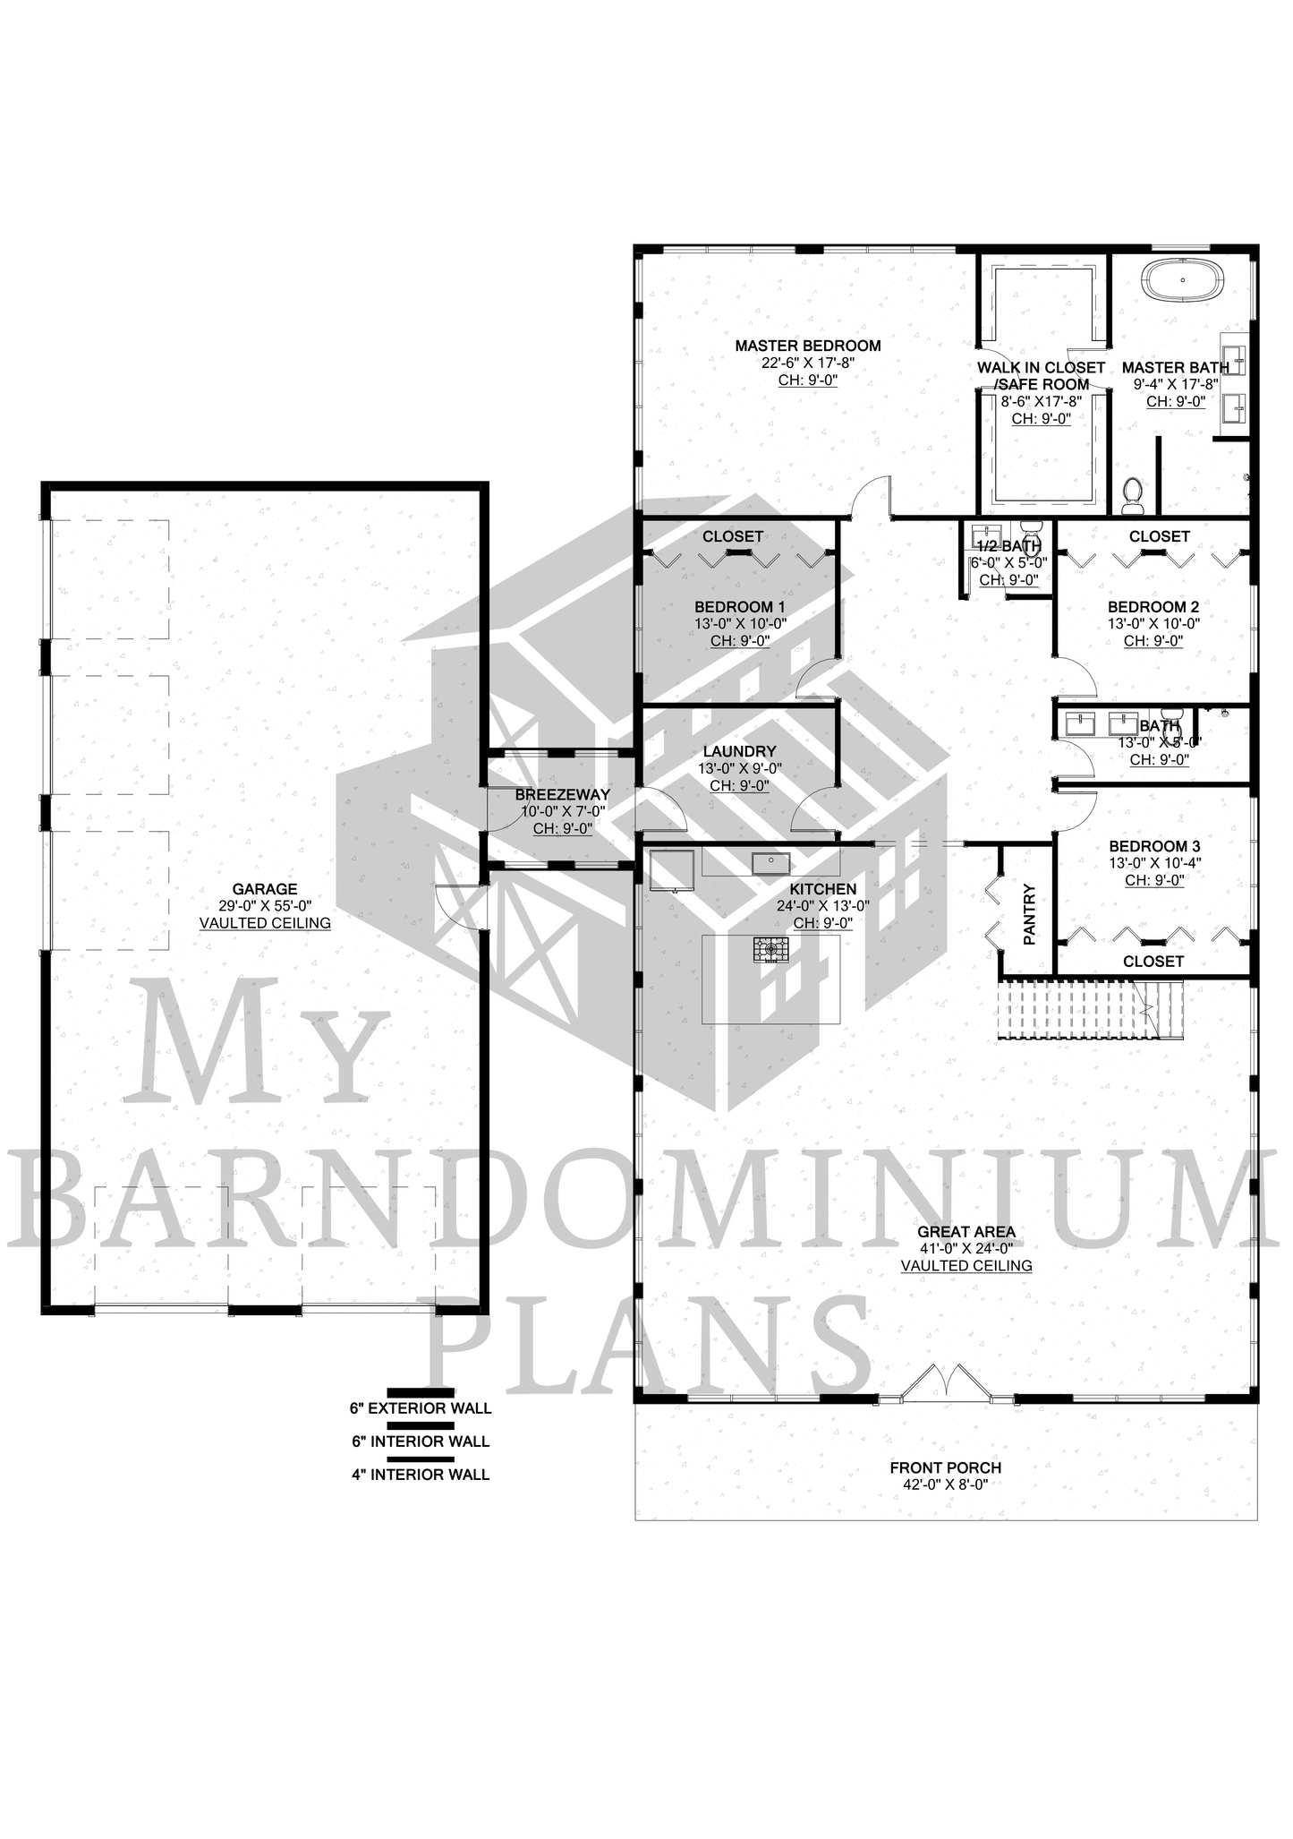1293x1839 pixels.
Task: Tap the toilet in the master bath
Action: pos(1133,495)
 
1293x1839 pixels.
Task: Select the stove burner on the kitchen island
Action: pos(770,949)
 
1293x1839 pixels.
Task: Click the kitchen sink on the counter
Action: pos(770,862)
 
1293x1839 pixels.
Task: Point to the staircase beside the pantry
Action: pos(1092,1009)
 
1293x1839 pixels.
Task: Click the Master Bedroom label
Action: pos(808,346)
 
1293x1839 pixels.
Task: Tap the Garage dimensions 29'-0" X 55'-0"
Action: pos(265,906)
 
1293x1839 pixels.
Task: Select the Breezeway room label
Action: pos(563,794)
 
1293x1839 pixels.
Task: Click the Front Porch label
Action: pos(946,1467)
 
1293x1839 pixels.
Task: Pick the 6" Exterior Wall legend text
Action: pos(421,1407)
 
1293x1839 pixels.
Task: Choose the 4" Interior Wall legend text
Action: pos(421,1474)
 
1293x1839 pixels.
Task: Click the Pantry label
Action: pos(1029,914)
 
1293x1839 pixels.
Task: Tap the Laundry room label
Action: pos(739,751)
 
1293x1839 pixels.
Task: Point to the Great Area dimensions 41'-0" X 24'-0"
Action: pos(966,1248)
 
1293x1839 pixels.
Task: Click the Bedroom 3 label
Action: pos(1154,846)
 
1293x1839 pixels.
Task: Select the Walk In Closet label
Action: pos(1041,368)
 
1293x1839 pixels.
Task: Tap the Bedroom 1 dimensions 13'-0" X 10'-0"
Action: pos(740,624)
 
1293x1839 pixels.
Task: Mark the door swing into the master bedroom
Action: pos(872,497)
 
